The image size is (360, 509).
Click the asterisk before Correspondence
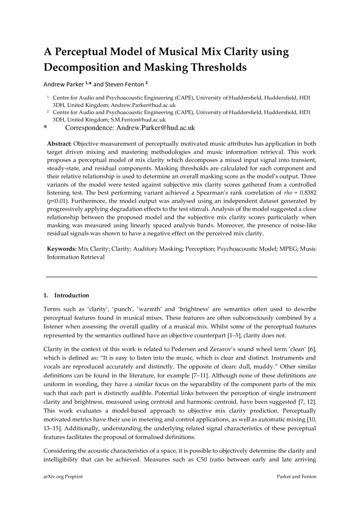pyautogui.click(x=45, y=128)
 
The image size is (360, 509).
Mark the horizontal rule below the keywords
pyautogui.click(x=182, y=276)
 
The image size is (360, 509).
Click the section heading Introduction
pyautogui.click(x=71, y=295)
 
